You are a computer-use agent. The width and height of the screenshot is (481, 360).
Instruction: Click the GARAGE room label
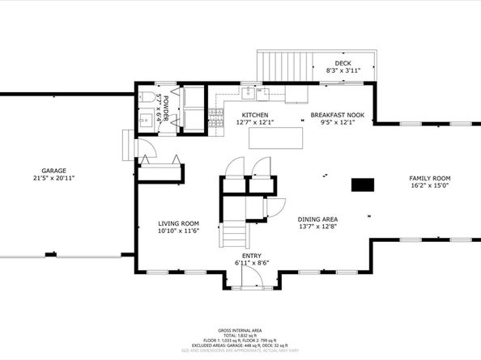pos(49,171)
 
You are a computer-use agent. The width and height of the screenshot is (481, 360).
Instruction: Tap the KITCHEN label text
pos(255,115)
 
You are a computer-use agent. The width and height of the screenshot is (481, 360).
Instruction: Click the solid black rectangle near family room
pos(361,184)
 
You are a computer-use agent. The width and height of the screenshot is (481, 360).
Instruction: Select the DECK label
pos(343,63)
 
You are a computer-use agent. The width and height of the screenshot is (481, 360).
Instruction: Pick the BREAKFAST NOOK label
pos(338,115)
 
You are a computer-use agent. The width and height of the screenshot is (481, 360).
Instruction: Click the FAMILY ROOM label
pos(429,177)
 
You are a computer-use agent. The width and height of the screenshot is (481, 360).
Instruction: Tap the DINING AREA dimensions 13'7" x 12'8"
pos(317,227)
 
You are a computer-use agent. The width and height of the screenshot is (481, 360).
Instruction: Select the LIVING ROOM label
pos(178,223)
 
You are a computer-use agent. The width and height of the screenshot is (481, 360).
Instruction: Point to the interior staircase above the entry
pos(236,235)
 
